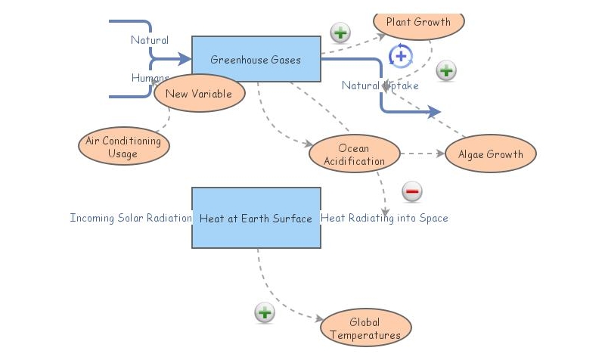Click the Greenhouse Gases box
[x=256, y=59]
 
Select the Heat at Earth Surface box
[x=256, y=218]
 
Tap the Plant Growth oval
[x=418, y=22]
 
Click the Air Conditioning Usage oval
[x=123, y=147]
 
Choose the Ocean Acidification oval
[x=354, y=154]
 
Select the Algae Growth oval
[x=490, y=154]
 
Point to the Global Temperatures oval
[x=365, y=328]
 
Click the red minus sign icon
[x=411, y=191]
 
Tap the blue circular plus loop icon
[x=401, y=56]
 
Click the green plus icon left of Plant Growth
[x=340, y=33]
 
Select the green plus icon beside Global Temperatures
[x=264, y=312]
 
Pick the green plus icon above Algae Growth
[x=446, y=71]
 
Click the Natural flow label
[x=149, y=40]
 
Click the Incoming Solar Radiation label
[x=131, y=218]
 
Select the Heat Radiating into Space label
[x=384, y=218]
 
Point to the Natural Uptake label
[x=380, y=85]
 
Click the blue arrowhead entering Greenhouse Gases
[x=184, y=58]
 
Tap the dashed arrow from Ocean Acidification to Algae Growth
[x=423, y=154]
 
